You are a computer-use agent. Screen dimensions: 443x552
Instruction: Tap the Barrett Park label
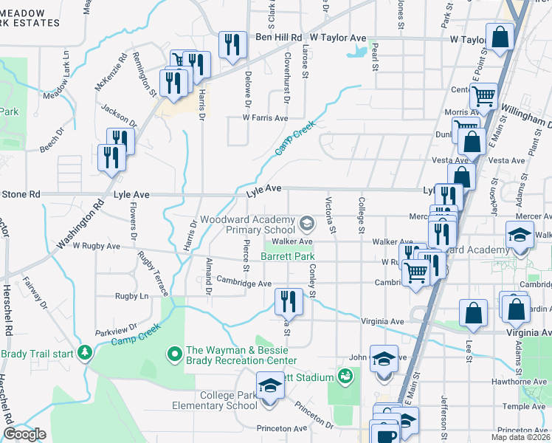click(x=288, y=256)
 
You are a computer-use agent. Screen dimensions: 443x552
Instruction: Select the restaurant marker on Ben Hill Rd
click(x=232, y=46)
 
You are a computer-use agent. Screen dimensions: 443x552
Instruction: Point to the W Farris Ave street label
click(x=258, y=118)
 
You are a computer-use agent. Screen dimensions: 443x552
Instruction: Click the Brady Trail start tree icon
click(x=86, y=351)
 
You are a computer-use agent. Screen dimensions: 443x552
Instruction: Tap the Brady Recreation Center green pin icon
click(x=176, y=354)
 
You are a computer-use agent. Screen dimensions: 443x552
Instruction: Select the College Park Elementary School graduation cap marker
click(x=270, y=387)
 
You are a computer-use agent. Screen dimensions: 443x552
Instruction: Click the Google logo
click(x=24, y=435)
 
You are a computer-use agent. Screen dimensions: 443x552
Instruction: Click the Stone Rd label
click(x=24, y=195)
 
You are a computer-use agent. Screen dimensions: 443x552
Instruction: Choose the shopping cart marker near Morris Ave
click(x=483, y=96)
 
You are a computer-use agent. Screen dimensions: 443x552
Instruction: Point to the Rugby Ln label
click(x=131, y=296)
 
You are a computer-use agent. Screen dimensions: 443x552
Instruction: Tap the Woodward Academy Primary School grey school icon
click(x=306, y=221)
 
